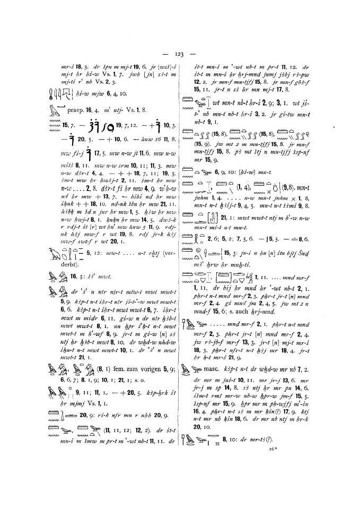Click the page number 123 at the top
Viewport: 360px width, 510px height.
[x=180, y=54]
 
